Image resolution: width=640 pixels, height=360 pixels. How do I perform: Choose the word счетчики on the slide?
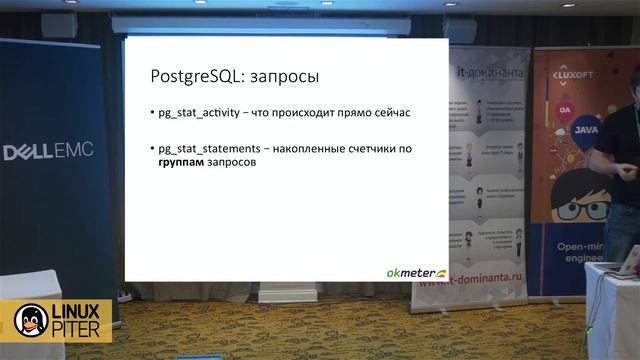[376, 149]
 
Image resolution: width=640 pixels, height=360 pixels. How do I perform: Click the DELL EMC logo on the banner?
[47, 153]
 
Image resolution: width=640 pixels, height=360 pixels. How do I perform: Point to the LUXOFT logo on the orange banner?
[581, 75]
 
